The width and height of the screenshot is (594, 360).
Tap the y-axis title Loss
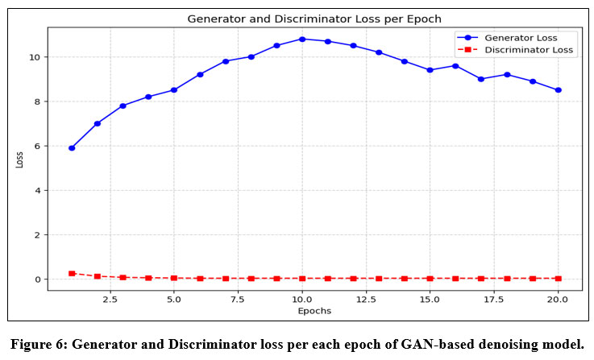pos(19,160)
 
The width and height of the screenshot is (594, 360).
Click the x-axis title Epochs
pos(314,310)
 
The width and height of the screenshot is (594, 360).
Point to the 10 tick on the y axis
pos(34,57)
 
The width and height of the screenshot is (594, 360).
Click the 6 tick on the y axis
pos(37,147)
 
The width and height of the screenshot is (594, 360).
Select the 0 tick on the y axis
pos(37,279)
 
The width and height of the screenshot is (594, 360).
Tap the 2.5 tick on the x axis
pos(110,298)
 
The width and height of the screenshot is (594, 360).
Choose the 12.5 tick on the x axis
pos(366,298)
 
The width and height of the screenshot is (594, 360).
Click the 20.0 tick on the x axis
pos(558,298)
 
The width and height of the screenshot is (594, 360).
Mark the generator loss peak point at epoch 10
pos(302,39)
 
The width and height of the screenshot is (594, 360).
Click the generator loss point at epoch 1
pos(72,148)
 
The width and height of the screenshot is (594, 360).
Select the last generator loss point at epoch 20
pos(558,90)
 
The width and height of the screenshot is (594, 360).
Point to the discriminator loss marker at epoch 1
pos(72,274)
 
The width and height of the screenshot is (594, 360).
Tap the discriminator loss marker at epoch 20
pos(558,279)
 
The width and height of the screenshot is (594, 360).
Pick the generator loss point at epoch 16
pos(455,66)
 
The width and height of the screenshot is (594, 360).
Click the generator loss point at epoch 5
pos(174,90)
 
